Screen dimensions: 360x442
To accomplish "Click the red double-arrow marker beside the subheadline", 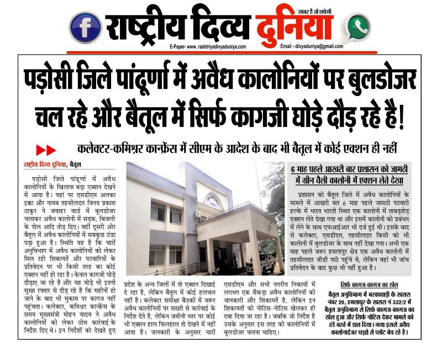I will (x=46, y=150).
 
